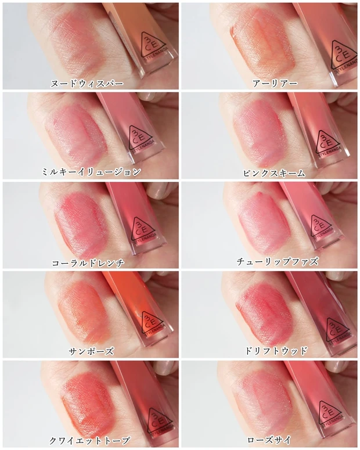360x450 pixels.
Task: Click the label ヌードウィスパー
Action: (x=87, y=83)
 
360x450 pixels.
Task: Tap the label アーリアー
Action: (x=275, y=83)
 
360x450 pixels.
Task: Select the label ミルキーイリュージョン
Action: (x=91, y=172)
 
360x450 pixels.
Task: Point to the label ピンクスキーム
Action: (x=273, y=173)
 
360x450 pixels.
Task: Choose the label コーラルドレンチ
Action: (x=88, y=262)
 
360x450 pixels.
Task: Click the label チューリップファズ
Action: (x=278, y=261)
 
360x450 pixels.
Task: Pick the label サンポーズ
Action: (x=91, y=351)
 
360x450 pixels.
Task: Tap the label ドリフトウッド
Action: (x=276, y=350)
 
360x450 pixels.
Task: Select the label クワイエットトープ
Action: (x=89, y=440)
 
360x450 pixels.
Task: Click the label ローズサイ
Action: (x=269, y=440)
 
